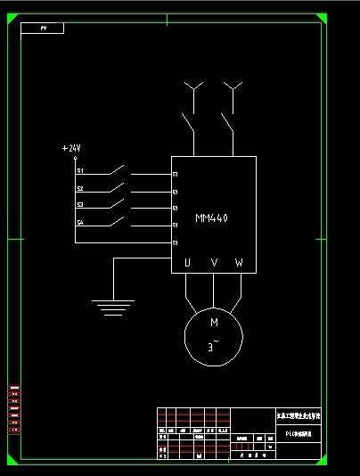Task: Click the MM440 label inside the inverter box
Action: [x=212, y=217]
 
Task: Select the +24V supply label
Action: [x=71, y=148]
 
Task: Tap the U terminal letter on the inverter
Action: [x=187, y=263]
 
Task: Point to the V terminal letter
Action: [x=214, y=263]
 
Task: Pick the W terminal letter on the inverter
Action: [x=239, y=263]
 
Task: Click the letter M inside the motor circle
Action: [x=214, y=323]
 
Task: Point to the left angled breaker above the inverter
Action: [x=188, y=122]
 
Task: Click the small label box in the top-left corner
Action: [x=45, y=29]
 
